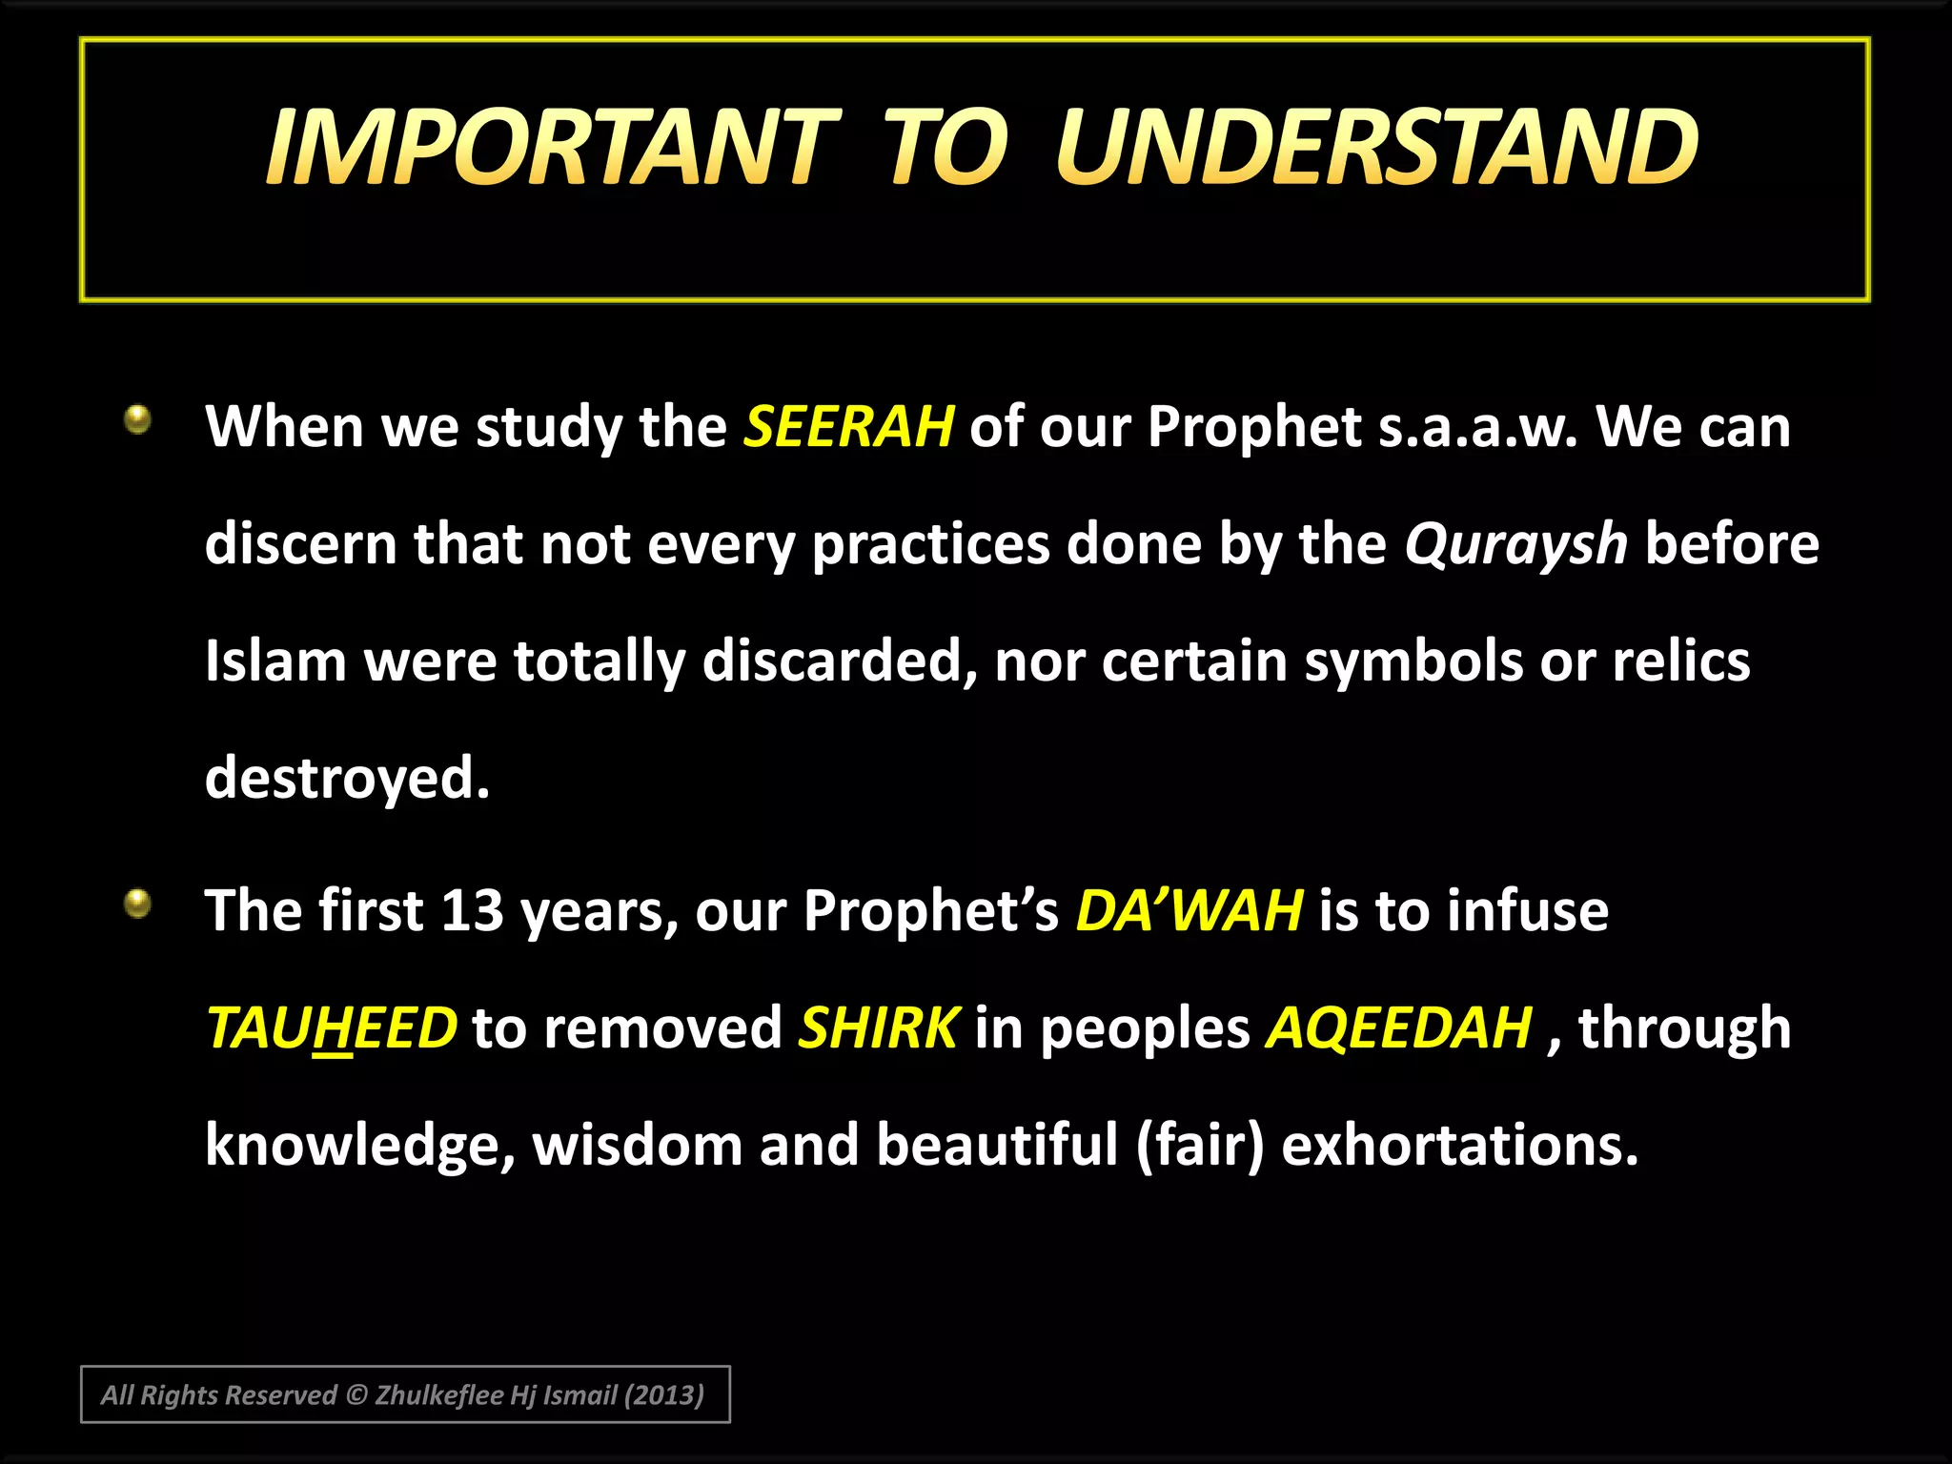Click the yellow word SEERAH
[x=848, y=426]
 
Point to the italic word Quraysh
[x=1515, y=544]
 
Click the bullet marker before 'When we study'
[x=139, y=418]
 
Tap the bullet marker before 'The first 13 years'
[x=139, y=903]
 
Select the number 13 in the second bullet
[x=472, y=910]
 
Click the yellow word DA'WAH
[x=1189, y=910]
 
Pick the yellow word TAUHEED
[x=332, y=1028]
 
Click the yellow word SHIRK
[x=878, y=1028]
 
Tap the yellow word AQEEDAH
[x=1398, y=1028]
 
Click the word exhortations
[x=1459, y=1145]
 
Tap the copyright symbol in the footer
[x=356, y=1395]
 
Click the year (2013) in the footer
[x=663, y=1395]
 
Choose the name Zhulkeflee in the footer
[x=439, y=1395]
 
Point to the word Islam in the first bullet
[x=275, y=661]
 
